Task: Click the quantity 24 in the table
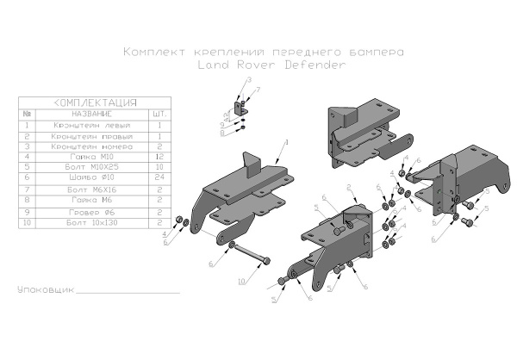(159, 179)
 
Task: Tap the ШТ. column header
(159, 114)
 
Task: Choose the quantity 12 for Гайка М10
(159, 158)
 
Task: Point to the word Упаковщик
(45, 290)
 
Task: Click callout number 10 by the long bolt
(241, 281)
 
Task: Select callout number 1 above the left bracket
(286, 140)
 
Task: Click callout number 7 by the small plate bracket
(257, 90)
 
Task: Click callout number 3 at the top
(248, 79)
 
